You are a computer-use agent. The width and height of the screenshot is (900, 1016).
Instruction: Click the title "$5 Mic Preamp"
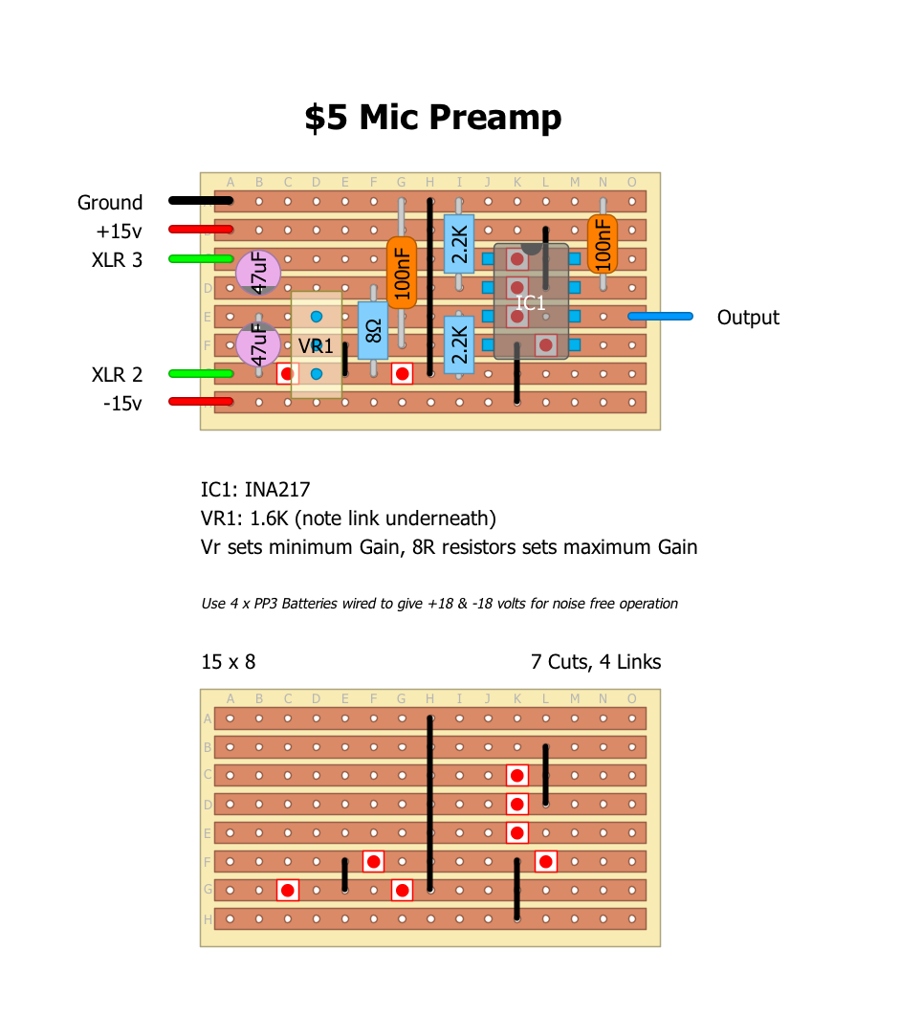pyautogui.click(x=432, y=118)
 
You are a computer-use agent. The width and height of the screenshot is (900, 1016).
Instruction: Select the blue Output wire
pyautogui.click(x=660, y=316)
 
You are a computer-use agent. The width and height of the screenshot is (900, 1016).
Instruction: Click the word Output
pyautogui.click(x=748, y=318)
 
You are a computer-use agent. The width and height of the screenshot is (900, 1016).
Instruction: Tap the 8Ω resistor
pyautogui.click(x=373, y=331)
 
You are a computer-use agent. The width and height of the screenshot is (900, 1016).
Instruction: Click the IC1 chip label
pyautogui.click(x=531, y=303)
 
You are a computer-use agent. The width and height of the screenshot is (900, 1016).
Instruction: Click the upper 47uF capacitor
pyautogui.click(x=258, y=273)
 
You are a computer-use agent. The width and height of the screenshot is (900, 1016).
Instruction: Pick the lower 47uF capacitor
pyautogui.click(x=258, y=345)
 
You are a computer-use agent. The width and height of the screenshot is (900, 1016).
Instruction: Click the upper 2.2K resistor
pyautogui.click(x=459, y=244)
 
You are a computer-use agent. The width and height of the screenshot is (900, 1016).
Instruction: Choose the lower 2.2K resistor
pyautogui.click(x=459, y=343)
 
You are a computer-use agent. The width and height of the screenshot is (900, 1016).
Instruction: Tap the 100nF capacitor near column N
pyautogui.click(x=603, y=243)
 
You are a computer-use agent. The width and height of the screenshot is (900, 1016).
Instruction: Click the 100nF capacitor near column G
pyautogui.click(x=402, y=272)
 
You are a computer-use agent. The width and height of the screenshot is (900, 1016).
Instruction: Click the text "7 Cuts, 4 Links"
pyautogui.click(x=596, y=662)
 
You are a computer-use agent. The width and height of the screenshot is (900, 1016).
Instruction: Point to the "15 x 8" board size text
pyautogui.click(x=228, y=662)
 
